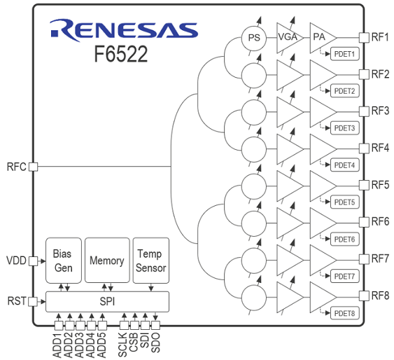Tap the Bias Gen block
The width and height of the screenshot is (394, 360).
click(62, 261)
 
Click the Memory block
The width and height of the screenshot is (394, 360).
click(106, 261)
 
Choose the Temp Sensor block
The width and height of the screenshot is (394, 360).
click(151, 261)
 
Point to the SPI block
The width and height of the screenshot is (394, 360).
click(107, 301)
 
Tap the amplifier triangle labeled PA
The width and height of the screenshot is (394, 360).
click(321, 37)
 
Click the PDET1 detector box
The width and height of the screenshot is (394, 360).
click(345, 54)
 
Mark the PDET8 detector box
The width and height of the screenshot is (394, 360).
click(345, 313)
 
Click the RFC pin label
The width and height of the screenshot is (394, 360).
click(16, 167)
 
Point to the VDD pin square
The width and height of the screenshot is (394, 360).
click(33, 261)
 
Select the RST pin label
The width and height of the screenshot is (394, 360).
click(16, 301)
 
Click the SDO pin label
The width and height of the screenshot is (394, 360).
click(155, 342)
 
